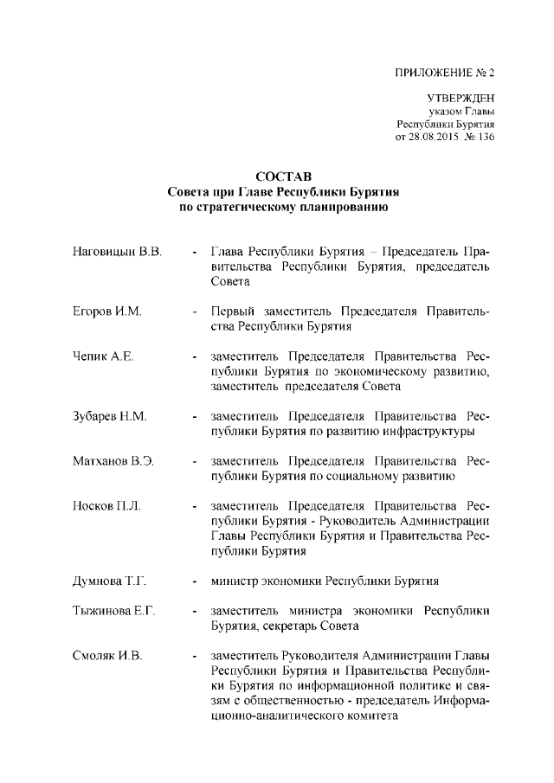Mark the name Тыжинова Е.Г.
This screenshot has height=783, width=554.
click(113, 611)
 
